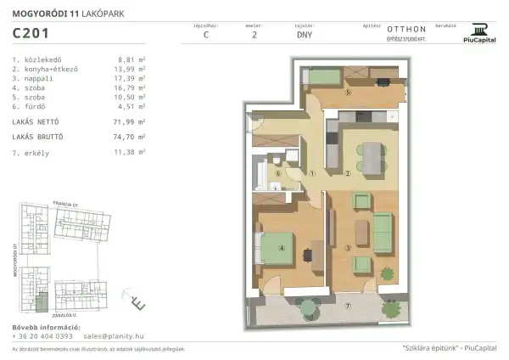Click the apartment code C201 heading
click(31, 34)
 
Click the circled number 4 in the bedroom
click(281, 249)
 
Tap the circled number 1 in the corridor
click(312, 173)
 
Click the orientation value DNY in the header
click(304, 37)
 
